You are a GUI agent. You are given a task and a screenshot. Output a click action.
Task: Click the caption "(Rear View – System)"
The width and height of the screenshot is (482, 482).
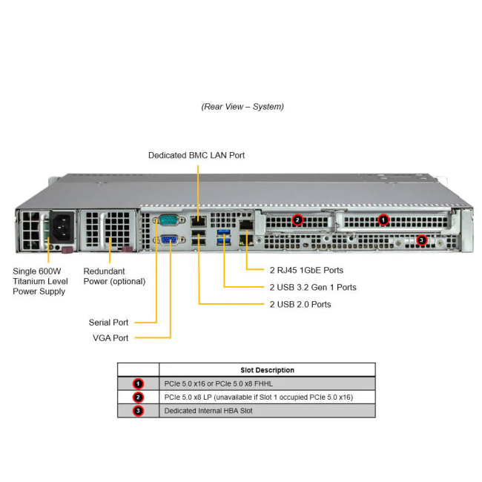pos(242,107)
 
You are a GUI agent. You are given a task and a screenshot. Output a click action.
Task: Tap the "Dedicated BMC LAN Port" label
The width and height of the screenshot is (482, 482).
pos(196,156)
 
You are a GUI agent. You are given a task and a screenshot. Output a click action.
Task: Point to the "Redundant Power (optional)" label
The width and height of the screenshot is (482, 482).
pos(114,277)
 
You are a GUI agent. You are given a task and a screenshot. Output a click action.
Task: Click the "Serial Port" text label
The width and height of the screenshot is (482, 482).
pos(109,323)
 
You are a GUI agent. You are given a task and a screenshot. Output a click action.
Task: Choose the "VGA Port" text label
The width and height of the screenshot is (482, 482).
pos(110,338)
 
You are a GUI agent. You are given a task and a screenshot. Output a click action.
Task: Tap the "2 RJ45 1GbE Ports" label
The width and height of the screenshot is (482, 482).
pos(306,271)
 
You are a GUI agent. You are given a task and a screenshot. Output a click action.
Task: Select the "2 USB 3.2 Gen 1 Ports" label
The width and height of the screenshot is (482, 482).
pos(311,288)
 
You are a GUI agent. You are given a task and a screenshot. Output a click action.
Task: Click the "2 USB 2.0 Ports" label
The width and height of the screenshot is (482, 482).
pos(300,305)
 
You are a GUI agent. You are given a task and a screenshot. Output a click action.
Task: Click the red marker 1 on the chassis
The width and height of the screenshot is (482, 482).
pos(383,219)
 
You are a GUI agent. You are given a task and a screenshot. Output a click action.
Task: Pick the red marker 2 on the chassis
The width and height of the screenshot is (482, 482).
pos(297,219)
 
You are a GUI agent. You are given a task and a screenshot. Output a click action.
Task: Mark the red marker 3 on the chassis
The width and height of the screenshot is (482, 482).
pos(421,240)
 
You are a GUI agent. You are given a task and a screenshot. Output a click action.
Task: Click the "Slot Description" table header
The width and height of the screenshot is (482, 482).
pos(267,370)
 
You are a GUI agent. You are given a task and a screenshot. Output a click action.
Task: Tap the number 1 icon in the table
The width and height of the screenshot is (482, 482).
pos(138,384)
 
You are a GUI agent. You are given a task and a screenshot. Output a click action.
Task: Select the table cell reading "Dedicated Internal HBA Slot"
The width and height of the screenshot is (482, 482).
pos(208,411)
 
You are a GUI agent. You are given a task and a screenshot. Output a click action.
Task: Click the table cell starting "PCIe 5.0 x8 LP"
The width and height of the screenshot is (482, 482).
pos(259,397)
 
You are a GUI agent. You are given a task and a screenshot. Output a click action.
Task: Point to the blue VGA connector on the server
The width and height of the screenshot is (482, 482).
pos(168,240)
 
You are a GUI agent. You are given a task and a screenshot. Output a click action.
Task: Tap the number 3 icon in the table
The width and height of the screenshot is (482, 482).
pos(138,411)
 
